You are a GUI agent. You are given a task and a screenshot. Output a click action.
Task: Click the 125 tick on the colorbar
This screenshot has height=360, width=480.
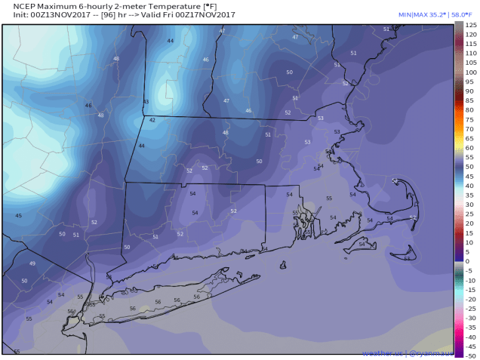pos(469,26)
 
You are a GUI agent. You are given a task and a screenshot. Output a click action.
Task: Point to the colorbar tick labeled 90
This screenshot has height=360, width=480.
pos(469,82)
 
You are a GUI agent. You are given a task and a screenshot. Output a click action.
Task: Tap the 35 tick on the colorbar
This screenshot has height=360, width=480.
pos(469,195)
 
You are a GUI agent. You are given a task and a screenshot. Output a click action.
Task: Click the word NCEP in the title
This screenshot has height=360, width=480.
pos(17,5)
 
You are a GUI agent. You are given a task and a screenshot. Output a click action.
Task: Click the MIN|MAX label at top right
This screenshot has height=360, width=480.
pos(390,14)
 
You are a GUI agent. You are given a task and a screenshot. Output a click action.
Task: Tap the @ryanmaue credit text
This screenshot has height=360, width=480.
pos(430,352)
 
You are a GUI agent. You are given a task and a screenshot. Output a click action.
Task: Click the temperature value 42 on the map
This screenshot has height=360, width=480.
pos(152,120)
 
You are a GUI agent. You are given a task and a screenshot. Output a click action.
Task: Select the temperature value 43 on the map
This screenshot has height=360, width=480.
pos(146,102)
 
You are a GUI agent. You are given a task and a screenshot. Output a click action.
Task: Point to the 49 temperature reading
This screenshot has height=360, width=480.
pos(32,263)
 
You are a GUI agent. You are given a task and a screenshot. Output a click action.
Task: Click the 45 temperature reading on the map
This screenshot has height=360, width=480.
pos(18,216)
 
